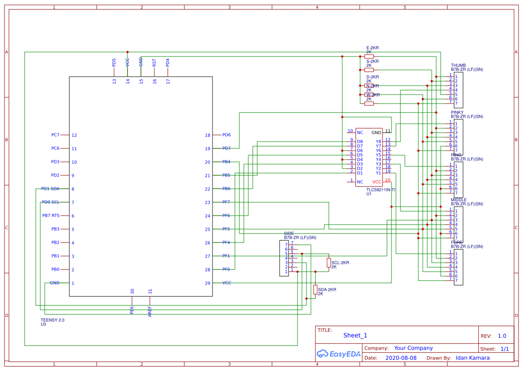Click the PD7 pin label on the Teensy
point(226,148)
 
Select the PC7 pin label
point(55,135)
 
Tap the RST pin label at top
point(154,63)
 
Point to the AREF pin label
point(150,311)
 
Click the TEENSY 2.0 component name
point(52,320)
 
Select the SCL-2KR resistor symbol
point(329,263)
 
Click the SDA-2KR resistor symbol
point(315,289)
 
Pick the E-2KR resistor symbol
point(369,56)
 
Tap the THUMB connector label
point(458,65)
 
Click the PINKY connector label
point(457,112)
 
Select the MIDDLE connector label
point(459,200)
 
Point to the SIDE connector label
point(289,234)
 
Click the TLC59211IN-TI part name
point(381,190)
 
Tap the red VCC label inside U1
point(377,182)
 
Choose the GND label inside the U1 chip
point(376,133)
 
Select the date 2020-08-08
point(401,358)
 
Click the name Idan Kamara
point(472,358)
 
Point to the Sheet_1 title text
point(355,335)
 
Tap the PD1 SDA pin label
point(50,189)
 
